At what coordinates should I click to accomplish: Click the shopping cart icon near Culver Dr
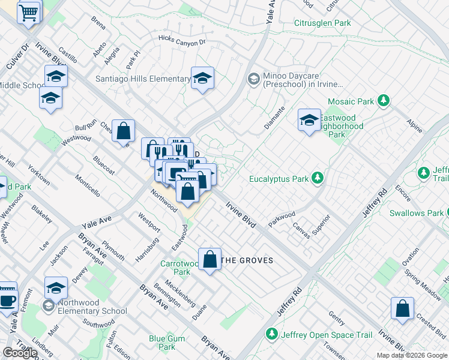pyautogui.click(x=29, y=11)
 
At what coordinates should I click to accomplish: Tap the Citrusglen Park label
pyautogui.click(x=322, y=23)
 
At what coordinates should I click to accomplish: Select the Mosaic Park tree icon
pyautogui.click(x=383, y=101)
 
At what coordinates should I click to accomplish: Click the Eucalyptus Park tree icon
pyautogui.click(x=316, y=178)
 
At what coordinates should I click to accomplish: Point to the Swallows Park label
pyautogui.click(x=416, y=213)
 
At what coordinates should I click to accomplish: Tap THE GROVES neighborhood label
pyautogui.click(x=248, y=260)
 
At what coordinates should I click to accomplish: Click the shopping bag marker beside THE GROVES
pyautogui.click(x=209, y=260)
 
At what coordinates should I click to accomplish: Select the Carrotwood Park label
pyautogui.click(x=175, y=268)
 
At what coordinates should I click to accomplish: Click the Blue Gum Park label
pyautogui.click(x=162, y=343)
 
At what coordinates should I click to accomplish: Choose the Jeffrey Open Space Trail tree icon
pyautogui.click(x=271, y=333)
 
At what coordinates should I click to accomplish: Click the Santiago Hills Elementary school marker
pyautogui.click(x=203, y=78)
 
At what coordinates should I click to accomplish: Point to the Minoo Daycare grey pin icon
pyautogui.click(x=253, y=79)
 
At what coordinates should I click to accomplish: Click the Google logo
pyautogui.click(x=20, y=353)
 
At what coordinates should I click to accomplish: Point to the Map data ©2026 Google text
pyautogui.click(x=412, y=355)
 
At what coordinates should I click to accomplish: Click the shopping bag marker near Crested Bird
pyautogui.click(x=402, y=308)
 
